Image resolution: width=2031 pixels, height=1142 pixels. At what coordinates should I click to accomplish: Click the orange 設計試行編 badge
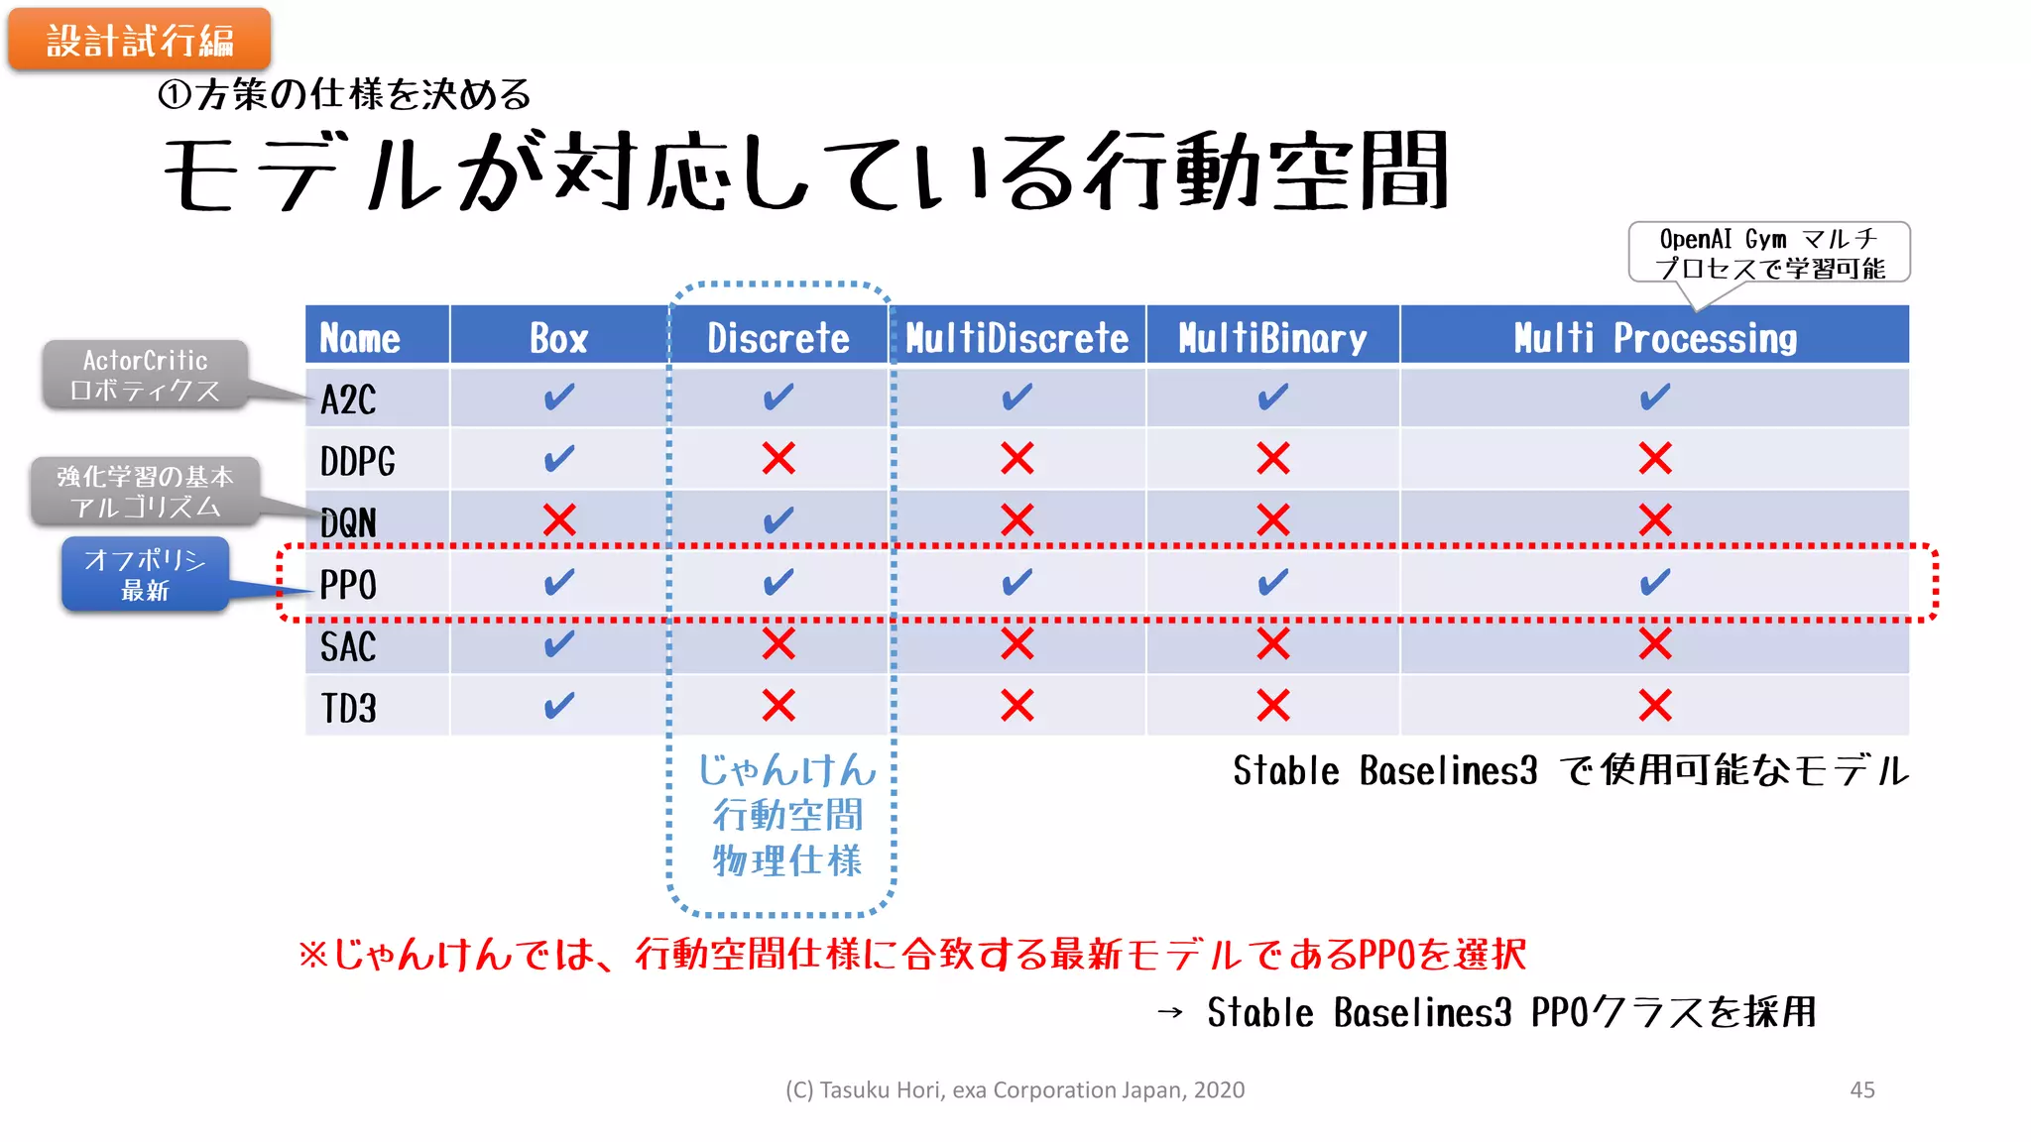pyautogui.click(x=140, y=40)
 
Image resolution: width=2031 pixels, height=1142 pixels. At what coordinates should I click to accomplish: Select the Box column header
pyautogui.click(x=559, y=338)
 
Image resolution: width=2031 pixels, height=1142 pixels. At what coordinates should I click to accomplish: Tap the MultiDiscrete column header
pyautogui.click(x=1016, y=338)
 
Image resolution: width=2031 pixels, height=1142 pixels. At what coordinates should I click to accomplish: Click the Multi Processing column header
pyautogui.click(x=1654, y=338)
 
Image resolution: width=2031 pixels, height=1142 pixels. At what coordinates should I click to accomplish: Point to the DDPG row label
pyautogui.click(x=357, y=461)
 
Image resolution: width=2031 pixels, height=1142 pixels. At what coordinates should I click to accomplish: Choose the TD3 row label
pyautogui.click(x=348, y=708)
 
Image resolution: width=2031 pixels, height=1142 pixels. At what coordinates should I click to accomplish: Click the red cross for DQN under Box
pyautogui.click(x=559, y=519)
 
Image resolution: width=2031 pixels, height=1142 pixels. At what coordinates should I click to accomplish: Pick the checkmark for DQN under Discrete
pyautogui.click(x=778, y=519)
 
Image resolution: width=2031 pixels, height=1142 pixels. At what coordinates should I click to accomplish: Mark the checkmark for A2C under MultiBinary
pyautogui.click(x=1272, y=398)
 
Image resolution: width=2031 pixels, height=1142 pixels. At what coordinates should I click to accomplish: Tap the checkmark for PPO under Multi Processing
pyautogui.click(x=1654, y=582)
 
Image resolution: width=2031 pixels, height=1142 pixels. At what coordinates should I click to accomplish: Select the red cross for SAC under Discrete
pyautogui.click(x=778, y=644)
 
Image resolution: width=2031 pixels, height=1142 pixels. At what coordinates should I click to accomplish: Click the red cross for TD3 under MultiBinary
pyautogui.click(x=1272, y=706)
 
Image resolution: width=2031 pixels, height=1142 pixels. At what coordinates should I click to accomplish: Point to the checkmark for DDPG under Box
pyautogui.click(x=559, y=459)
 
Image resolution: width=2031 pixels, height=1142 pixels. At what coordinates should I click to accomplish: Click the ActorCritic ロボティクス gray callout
pyautogui.click(x=145, y=375)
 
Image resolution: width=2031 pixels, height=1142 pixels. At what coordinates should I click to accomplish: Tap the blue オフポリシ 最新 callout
pyautogui.click(x=145, y=574)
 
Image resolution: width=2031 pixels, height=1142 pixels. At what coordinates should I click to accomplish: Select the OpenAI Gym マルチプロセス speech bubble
pyautogui.click(x=1769, y=253)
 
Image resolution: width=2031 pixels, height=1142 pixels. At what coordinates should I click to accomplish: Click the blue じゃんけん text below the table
pyautogui.click(x=786, y=770)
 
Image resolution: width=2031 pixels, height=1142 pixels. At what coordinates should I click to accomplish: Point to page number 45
pyautogui.click(x=1861, y=1089)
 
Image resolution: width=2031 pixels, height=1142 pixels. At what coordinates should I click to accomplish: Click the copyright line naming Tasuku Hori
pyautogui.click(x=1015, y=1089)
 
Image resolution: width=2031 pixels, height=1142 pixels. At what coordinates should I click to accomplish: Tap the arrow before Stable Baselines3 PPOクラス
pyautogui.click(x=1170, y=1012)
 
